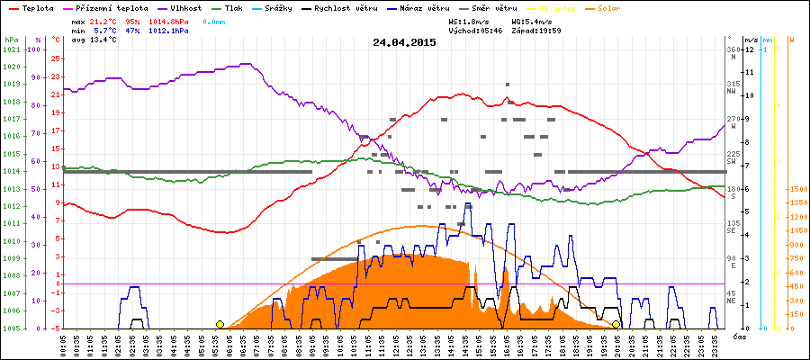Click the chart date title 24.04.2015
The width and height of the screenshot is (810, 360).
tap(404, 41)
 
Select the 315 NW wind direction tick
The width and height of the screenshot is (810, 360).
tap(733, 86)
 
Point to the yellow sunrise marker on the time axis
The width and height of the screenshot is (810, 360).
tap(220, 324)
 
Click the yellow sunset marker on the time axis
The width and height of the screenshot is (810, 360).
tap(616, 324)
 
